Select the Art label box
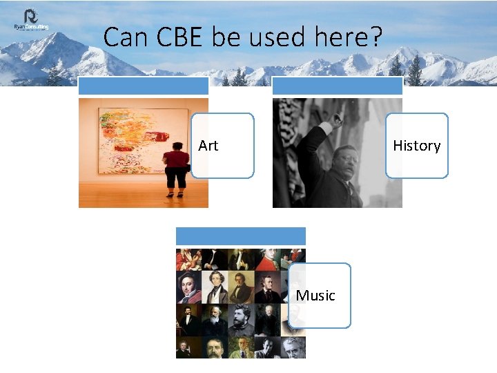pyautogui.click(x=222, y=146)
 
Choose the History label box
pyautogui.click(x=416, y=146)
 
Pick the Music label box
pyautogui.click(x=318, y=296)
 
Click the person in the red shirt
pyautogui.click(x=177, y=160)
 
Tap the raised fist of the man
pyautogui.click(x=337, y=119)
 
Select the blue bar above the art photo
pyautogui.click(x=143, y=86)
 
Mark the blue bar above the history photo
pyautogui.click(x=338, y=86)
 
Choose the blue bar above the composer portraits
pyautogui.click(x=240, y=236)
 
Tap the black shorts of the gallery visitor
pyautogui.click(x=177, y=178)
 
